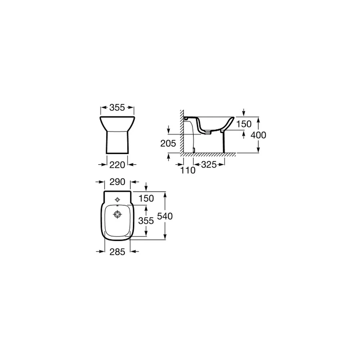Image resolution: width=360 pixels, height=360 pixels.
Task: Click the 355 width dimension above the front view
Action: (x=117, y=107)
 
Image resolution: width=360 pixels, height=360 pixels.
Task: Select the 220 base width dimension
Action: (x=117, y=165)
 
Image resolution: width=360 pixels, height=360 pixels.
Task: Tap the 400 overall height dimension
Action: (x=258, y=135)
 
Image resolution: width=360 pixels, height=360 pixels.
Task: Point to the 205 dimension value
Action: (x=168, y=144)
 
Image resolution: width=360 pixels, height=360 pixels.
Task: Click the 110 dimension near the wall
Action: (x=188, y=170)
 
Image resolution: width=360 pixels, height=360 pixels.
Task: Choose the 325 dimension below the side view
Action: (x=209, y=165)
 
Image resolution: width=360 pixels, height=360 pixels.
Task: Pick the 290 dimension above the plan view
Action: (x=117, y=182)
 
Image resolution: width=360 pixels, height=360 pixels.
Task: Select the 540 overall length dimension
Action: (x=165, y=216)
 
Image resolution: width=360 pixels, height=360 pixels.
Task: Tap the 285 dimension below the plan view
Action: (x=117, y=252)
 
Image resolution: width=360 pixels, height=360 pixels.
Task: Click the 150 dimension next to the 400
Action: (x=244, y=124)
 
